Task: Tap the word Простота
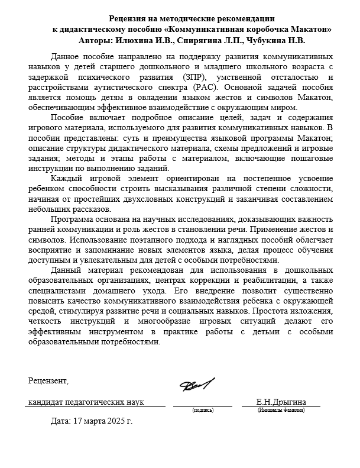[272, 311]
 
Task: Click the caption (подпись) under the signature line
[203, 409]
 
